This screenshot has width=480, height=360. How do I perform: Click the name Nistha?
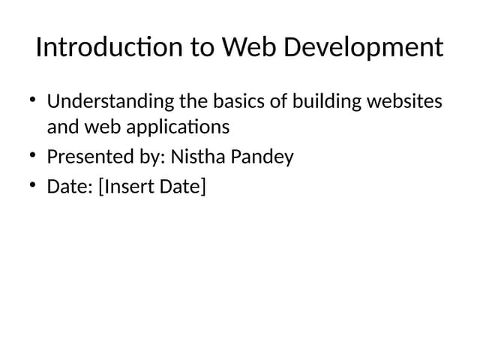(x=197, y=157)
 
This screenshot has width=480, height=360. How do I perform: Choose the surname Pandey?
(x=262, y=157)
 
